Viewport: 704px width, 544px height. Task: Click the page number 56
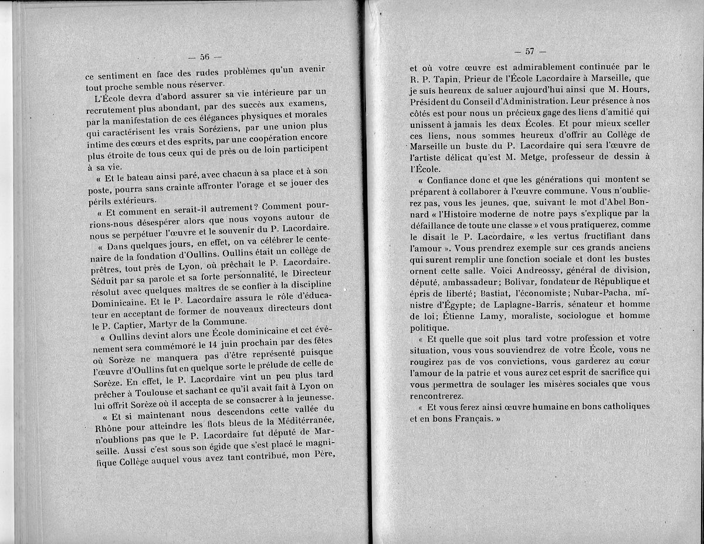pos(205,57)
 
